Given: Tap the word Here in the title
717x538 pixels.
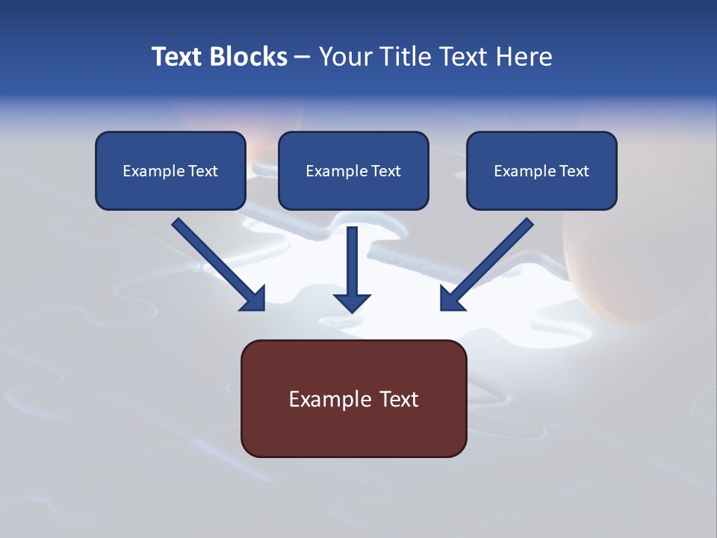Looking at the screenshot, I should [x=521, y=57].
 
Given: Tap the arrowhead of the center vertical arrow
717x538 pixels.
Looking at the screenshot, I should [x=352, y=303].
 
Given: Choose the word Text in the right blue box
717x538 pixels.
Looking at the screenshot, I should [x=574, y=171].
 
